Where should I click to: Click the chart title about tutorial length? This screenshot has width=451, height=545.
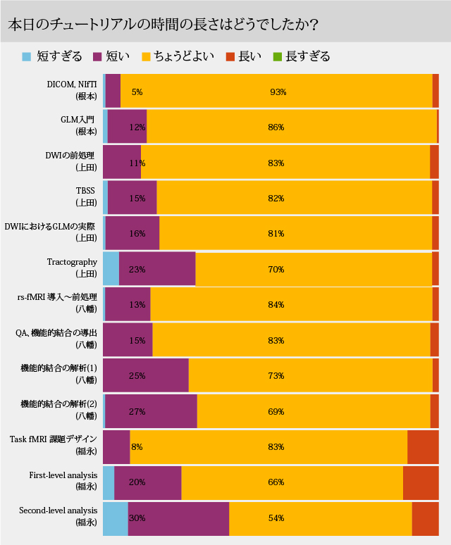[x=162, y=23]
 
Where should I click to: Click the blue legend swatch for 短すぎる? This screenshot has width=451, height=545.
[x=27, y=56]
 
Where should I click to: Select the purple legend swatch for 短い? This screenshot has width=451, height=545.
[x=97, y=56]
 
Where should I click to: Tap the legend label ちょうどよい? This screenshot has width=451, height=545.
[x=184, y=56]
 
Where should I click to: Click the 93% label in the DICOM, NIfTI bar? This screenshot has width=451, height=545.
[x=277, y=92]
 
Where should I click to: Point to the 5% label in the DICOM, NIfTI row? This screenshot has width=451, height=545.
[x=137, y=92]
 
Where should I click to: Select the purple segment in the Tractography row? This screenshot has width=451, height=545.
[x=157, y=269]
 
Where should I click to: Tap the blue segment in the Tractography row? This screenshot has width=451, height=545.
[x=111, y=269]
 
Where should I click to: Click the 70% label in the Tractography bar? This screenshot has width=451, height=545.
[x=276, y=269]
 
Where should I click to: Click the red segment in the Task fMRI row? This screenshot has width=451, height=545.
[x=423, y=446]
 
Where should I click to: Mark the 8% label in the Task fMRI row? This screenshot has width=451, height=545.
[x=137, y=446]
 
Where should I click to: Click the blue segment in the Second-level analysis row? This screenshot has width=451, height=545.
[x=115, y=518]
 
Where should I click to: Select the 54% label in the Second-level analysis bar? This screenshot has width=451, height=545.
[x=276, y=518]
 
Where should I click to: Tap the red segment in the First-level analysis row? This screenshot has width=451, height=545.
[x=421, y=482]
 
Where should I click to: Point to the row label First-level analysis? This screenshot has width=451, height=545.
[x=63, y=475]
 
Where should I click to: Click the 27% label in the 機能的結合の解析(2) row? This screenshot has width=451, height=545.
[x=137, y=411]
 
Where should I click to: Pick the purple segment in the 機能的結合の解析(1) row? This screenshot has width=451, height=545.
[x=146, y=375]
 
